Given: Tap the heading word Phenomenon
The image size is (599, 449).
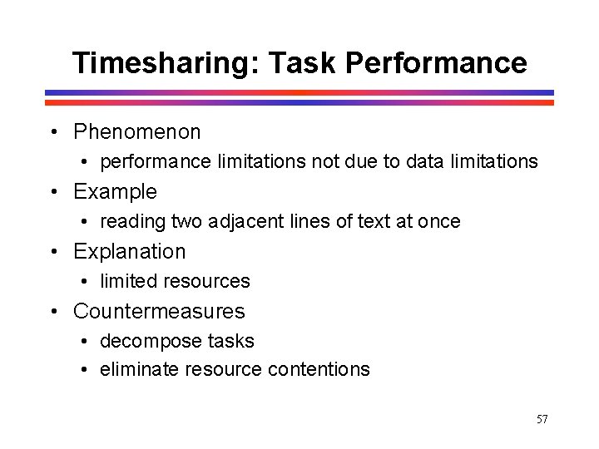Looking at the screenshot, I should (137, 132).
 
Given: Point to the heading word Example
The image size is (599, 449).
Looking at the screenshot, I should (115, 192).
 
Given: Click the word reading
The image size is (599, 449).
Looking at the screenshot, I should (133, 221).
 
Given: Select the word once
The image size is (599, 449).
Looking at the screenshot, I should (438, 221).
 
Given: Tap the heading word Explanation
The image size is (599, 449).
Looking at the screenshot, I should (130, 252).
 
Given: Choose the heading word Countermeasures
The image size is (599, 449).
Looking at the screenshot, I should (159, 312).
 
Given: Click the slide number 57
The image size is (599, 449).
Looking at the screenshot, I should (542, 419).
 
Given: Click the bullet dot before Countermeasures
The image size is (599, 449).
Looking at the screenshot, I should (53, 313).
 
